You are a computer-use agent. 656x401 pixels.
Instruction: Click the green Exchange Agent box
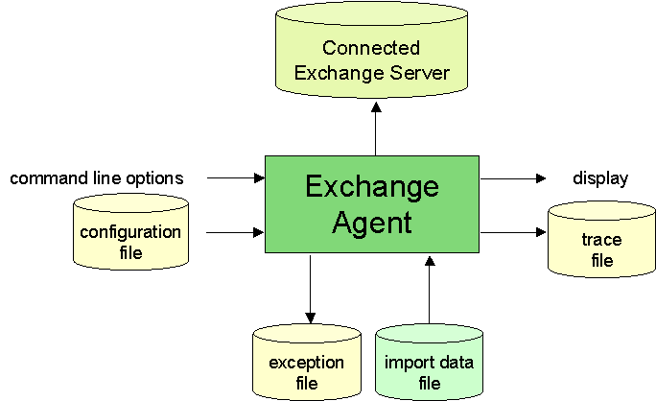point(372,203)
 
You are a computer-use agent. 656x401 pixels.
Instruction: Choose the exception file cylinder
point(307,365)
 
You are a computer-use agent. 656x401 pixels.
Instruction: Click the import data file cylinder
point(429,365)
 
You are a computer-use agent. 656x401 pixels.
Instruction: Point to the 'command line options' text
point(96,178)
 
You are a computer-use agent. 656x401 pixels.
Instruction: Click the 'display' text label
point(600,178)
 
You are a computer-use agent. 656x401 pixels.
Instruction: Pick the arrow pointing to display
point(513,178)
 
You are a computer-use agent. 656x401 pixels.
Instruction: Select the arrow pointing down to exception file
point(309,288)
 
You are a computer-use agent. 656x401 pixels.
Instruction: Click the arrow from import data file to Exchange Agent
point(430,288)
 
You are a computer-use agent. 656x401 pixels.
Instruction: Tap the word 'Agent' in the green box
point(372,223)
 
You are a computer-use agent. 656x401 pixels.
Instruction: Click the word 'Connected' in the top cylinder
point(371,48)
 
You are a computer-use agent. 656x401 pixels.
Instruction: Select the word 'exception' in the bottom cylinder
point(307,363)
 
